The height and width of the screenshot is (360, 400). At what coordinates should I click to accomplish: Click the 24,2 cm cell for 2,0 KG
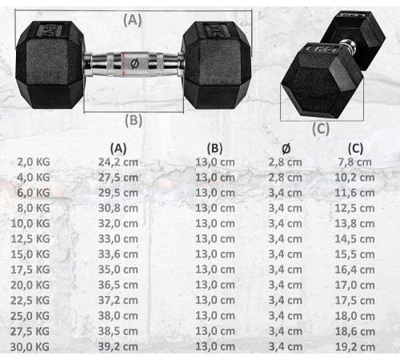click(x=118, y=162)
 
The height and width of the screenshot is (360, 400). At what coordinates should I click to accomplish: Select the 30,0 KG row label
click(x=30, y=347)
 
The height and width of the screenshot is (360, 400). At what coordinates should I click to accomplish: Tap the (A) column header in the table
click(x=118, y=148)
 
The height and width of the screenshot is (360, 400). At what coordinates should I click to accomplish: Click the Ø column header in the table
click(x=286, y=148)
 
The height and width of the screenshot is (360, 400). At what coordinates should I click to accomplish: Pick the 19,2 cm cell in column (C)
click(x=355, y=347)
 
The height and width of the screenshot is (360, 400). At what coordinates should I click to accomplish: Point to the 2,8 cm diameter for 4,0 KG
click(x=285, y=178)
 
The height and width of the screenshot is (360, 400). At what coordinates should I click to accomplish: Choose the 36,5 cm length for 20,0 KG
click(x=118, y=285)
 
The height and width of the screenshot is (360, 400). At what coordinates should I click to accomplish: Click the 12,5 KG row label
click(x=30, y=239)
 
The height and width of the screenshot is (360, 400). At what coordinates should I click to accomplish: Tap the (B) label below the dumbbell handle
click(x=134, y=120)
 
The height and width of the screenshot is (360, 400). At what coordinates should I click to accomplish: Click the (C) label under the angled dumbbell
click(x=321, y=129)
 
